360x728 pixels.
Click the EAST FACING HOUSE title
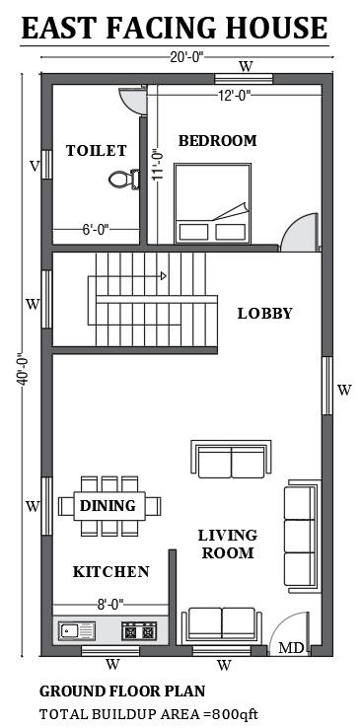pyautogui.click(x=174, y=29)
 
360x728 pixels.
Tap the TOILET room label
pyautogui.click(x=96, y=151)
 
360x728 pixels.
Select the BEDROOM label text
pyautogui.click(x=217, y=141)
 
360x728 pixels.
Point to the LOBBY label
pyautogui.click(x=264, y=314)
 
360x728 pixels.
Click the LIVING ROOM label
pyautogui.click(x=227, y=544)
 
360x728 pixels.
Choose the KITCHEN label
pyautogui.click(x=110, y=572)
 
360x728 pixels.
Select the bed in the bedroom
pyautogui.click(x=209, y=203)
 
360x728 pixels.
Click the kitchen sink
pyautogui.click(x=76, y=628)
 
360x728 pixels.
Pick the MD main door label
pyautogui.click(x=290, y=648)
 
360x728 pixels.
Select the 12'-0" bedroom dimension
pyautogui.click(x=234, y=96)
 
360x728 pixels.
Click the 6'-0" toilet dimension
pyautogui.click(x=94, y=230)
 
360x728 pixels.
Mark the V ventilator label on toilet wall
pyautogui.click(x=34, y=166)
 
